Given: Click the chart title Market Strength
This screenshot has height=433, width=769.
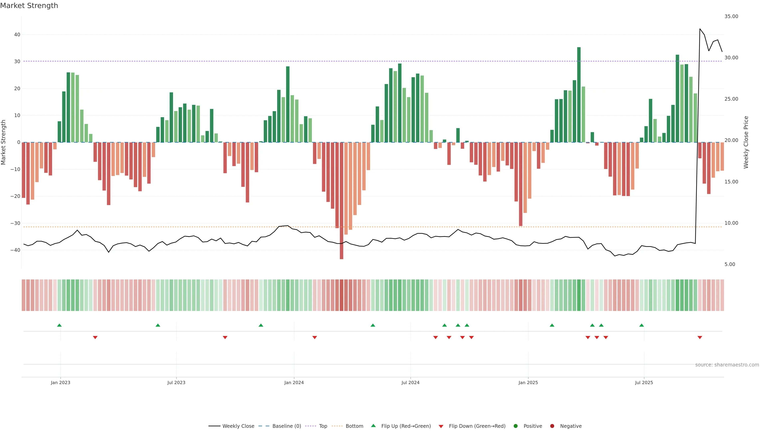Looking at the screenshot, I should coord(29,6).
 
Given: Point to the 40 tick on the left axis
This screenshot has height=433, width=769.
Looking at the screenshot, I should coord(17,35).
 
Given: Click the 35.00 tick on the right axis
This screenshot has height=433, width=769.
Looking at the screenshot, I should coord(731,16).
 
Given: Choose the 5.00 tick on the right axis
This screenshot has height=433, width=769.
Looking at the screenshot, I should coord(730,264).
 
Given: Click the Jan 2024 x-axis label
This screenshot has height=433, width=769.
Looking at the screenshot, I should coord(294,382).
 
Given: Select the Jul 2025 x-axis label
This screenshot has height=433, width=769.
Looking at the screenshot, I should coord(644,382).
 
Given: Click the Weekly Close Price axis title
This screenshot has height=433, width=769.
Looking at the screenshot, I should coord(746,142).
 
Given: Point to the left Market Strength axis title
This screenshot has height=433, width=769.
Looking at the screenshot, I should coord(4,142).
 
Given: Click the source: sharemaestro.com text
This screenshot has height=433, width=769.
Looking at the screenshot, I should coord(727,365).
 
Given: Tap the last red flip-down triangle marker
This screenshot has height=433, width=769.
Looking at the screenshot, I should coord(700,337).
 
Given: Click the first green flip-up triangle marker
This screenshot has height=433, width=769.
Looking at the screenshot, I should coord(59,325).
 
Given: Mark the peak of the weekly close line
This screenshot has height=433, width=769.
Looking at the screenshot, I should coord(700,29).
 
